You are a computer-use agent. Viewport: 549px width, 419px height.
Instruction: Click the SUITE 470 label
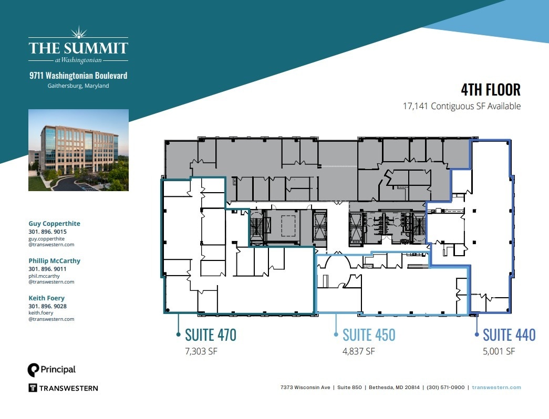pyautogui.click(x=210, y=335)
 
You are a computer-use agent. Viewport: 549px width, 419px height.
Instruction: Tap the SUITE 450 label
pyautogui.click(x=369, y=335)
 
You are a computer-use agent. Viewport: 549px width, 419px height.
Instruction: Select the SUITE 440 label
pyautogui.click(x=509, y=335)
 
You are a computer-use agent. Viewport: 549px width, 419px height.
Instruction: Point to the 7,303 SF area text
pyautogui.click(x=201, y=351)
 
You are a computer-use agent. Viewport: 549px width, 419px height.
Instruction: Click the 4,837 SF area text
pyautogui.click(x=359, y=351)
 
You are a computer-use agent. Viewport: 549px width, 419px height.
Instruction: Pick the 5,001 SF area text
pyautogui.click(x=499, y=351)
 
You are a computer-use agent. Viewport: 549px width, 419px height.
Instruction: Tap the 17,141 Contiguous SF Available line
pyautogui.click(x=462, y=106)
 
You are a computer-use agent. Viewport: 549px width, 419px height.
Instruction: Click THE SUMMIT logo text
pyautogui.click(x=78, y=48)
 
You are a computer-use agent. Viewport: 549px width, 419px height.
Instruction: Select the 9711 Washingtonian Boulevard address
pyautogui.click(x=78, y=76)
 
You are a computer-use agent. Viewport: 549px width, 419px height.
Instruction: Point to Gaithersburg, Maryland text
pyautogui.click(x=78, y=86)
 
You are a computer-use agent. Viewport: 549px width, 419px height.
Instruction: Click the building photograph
pyautogui.click(x=78, y=150)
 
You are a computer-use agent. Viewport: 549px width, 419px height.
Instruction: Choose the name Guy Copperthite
pyautogui.click(x=54, y=224)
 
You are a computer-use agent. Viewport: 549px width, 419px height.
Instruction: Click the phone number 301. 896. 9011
pyautogui.click(x=47, y=269)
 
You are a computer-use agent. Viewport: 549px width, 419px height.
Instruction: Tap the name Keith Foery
pyautogui.click(x=46, y=298)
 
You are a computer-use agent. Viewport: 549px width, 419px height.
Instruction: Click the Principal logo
pyautogui.click(x=51, y=370)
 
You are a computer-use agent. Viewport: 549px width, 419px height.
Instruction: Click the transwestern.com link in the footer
pyautogui.click(x=496, y=387)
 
